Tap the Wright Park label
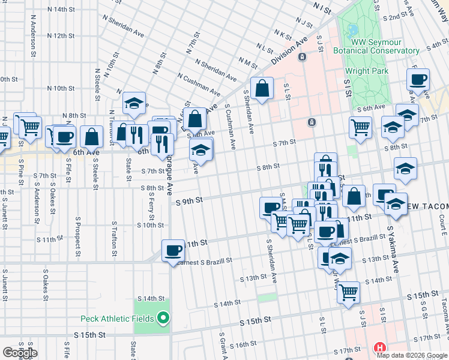pyautogui.click(x=366, y=71)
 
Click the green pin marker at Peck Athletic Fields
pyautogui.click(x=163, y=317)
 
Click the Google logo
pyautogui.click(x=20, y=352)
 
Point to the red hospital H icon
pyautogui.click(x=379, y=347)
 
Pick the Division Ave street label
pyautogui.click(x=289, y=51)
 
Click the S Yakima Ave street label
pyautogui.click(x=393, y=249)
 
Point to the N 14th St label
pyautogui.click(x=64, y=10)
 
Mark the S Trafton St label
pyautogui.click(x=113, y=239)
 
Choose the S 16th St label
pyautogui.click(x=243, y=345)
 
